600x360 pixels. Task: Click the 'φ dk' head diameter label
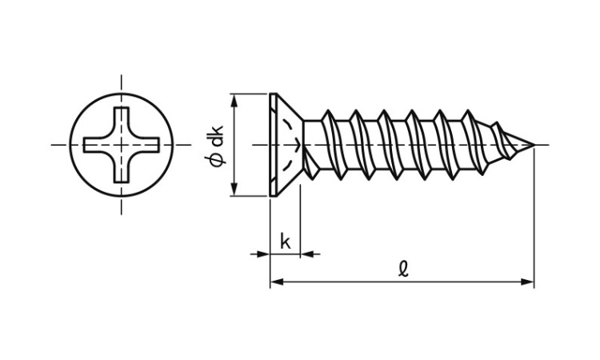(x=216, y=146)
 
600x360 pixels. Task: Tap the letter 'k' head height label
(x=286, y=242)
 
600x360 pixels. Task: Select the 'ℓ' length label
(x=403, y=269)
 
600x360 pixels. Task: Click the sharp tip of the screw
(x=534, y=145)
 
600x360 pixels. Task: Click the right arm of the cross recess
(x=148, y=145)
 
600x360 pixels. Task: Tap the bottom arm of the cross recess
(x=122, y=171)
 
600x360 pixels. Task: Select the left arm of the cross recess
(x=95, y=145)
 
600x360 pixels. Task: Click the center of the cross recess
(x=122, y=145)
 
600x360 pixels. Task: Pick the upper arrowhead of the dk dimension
(x=234, y=100)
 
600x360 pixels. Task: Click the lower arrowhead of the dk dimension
(x=234, y=190)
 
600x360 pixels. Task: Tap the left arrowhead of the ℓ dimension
(x=277, y=282)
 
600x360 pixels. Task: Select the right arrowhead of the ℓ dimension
(x=527, y=282)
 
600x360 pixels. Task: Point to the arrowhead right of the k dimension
(x=307, y=254)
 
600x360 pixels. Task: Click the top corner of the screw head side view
(x=270, y=94)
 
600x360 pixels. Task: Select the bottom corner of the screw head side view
(x=270, y=196)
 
